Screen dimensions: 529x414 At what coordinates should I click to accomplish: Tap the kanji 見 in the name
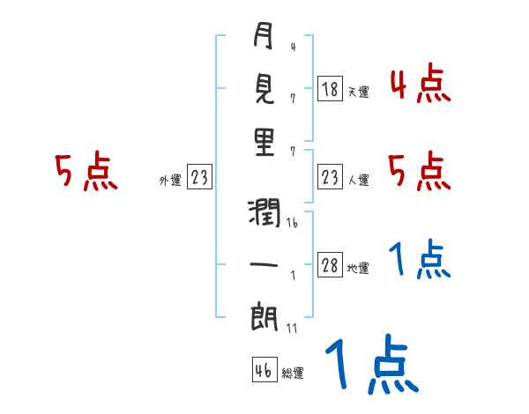[x=264, y=89]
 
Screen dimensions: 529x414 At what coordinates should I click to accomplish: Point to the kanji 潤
[x=264, y=213]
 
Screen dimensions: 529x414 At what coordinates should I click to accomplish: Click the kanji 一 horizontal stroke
[x=264, y=265]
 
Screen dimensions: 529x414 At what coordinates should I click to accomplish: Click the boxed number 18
[x=330, y=89]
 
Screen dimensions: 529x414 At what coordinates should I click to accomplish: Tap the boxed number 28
[x=330, y=266]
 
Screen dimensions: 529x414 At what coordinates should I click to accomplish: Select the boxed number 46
[x=263, y=371]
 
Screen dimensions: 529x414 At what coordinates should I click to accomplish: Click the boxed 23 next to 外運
[x=198, y=179]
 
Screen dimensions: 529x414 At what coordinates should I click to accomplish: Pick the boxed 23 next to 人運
[x=330, y=179]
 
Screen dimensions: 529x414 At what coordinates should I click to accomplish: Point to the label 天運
[x=358, y=91]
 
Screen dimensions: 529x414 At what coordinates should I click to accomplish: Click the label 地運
[x=358, y=268]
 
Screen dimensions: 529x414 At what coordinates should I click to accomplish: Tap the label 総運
[x=292, y=373]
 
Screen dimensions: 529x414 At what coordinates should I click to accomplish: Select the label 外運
[x=170, y=181]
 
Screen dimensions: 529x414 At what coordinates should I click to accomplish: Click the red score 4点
[x=421, y=85]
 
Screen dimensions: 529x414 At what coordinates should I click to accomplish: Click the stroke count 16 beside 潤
[x=292, y=224]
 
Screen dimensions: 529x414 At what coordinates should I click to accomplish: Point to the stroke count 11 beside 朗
[x=292, y=328]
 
